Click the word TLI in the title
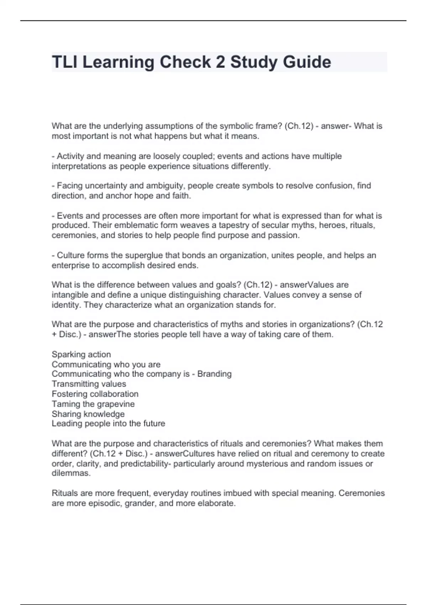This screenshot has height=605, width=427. [x=64, y=62]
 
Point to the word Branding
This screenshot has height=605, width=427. [x=214, y=374]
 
